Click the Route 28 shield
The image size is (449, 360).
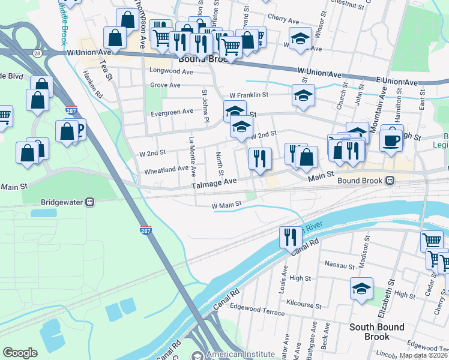coord(37,53)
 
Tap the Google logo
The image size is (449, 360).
coord(20,353)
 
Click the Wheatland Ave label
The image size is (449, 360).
coord(166,170)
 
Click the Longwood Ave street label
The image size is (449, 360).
coord(171,71)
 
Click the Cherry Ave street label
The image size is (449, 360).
coord(283,17)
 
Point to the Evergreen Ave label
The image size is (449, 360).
coord(172,111)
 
